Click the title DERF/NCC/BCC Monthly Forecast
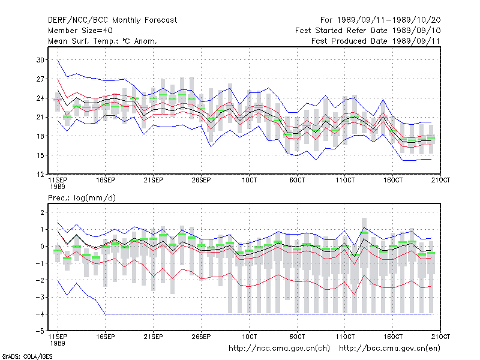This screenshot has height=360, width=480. [x=112, y=20]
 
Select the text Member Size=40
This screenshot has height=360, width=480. [x=80, y=31]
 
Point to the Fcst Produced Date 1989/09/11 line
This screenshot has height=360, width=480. [x=376, y=41]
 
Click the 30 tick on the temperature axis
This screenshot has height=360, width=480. [x=40, y=60]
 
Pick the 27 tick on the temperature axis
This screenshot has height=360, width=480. [x=40, y=79]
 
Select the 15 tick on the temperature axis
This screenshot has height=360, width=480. [x=40, y=155]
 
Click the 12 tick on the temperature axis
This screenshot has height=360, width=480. [x=40, y=175]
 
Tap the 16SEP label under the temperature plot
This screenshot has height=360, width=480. [x=106, y=180]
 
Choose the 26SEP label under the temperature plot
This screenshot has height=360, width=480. [x=201, y=180]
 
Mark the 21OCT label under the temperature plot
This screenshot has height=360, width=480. [x=440, y=180]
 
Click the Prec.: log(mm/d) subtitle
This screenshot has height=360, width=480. [x=82, y=198]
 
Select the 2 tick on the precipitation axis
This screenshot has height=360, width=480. [x=42, y=212]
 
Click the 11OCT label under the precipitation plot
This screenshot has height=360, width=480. [x=345, y=337]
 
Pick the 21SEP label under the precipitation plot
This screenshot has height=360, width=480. [x=153, y=337]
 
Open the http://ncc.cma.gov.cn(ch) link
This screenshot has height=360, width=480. [x=279, y=349]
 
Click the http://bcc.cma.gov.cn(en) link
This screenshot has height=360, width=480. [x=389, y=349]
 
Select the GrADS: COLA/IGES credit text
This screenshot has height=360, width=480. [x=27, y=356]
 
